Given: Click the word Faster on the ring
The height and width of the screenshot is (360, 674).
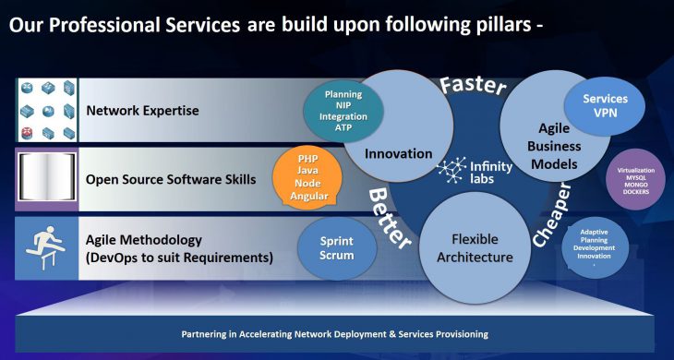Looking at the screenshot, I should [473, 86].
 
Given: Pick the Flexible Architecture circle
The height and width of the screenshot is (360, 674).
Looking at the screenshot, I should [475, 246].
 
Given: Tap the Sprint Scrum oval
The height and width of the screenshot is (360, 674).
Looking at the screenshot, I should [338, 247].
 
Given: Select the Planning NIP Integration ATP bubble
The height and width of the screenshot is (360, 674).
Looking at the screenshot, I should [343, 110].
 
